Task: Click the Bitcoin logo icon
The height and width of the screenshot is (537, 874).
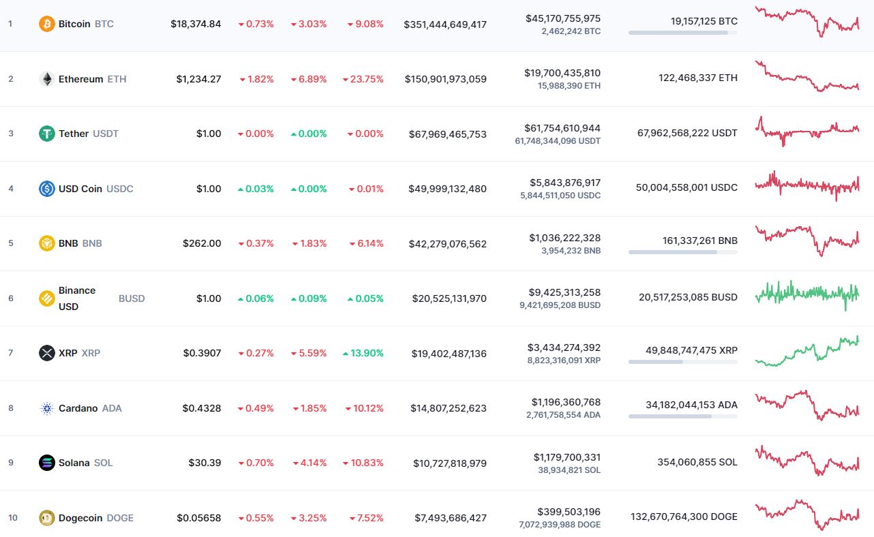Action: point(47,24)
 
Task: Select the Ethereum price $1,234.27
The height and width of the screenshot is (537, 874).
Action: point(198,79)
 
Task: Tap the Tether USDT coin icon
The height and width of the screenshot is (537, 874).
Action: point(47,134)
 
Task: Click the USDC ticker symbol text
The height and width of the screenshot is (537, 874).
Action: point(119,189)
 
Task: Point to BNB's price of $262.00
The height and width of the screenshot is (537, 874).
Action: point(202,243)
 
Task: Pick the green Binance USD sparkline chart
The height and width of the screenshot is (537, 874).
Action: point(807,294)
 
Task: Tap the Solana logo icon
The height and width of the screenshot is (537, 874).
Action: point(47,463)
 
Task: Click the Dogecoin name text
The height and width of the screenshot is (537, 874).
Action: point(80,518)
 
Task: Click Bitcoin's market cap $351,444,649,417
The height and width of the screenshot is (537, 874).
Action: point(445,24)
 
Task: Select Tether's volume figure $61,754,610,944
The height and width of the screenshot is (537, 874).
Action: point(562,128)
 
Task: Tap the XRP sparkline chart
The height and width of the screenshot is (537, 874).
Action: point(807,350)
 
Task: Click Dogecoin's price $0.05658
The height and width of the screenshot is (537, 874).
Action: point(199,518)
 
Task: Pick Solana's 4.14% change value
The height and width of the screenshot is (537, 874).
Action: point(311,463)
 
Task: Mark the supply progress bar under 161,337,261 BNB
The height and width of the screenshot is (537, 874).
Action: point(682,252)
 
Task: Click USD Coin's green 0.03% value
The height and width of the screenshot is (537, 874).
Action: point(256,189)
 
